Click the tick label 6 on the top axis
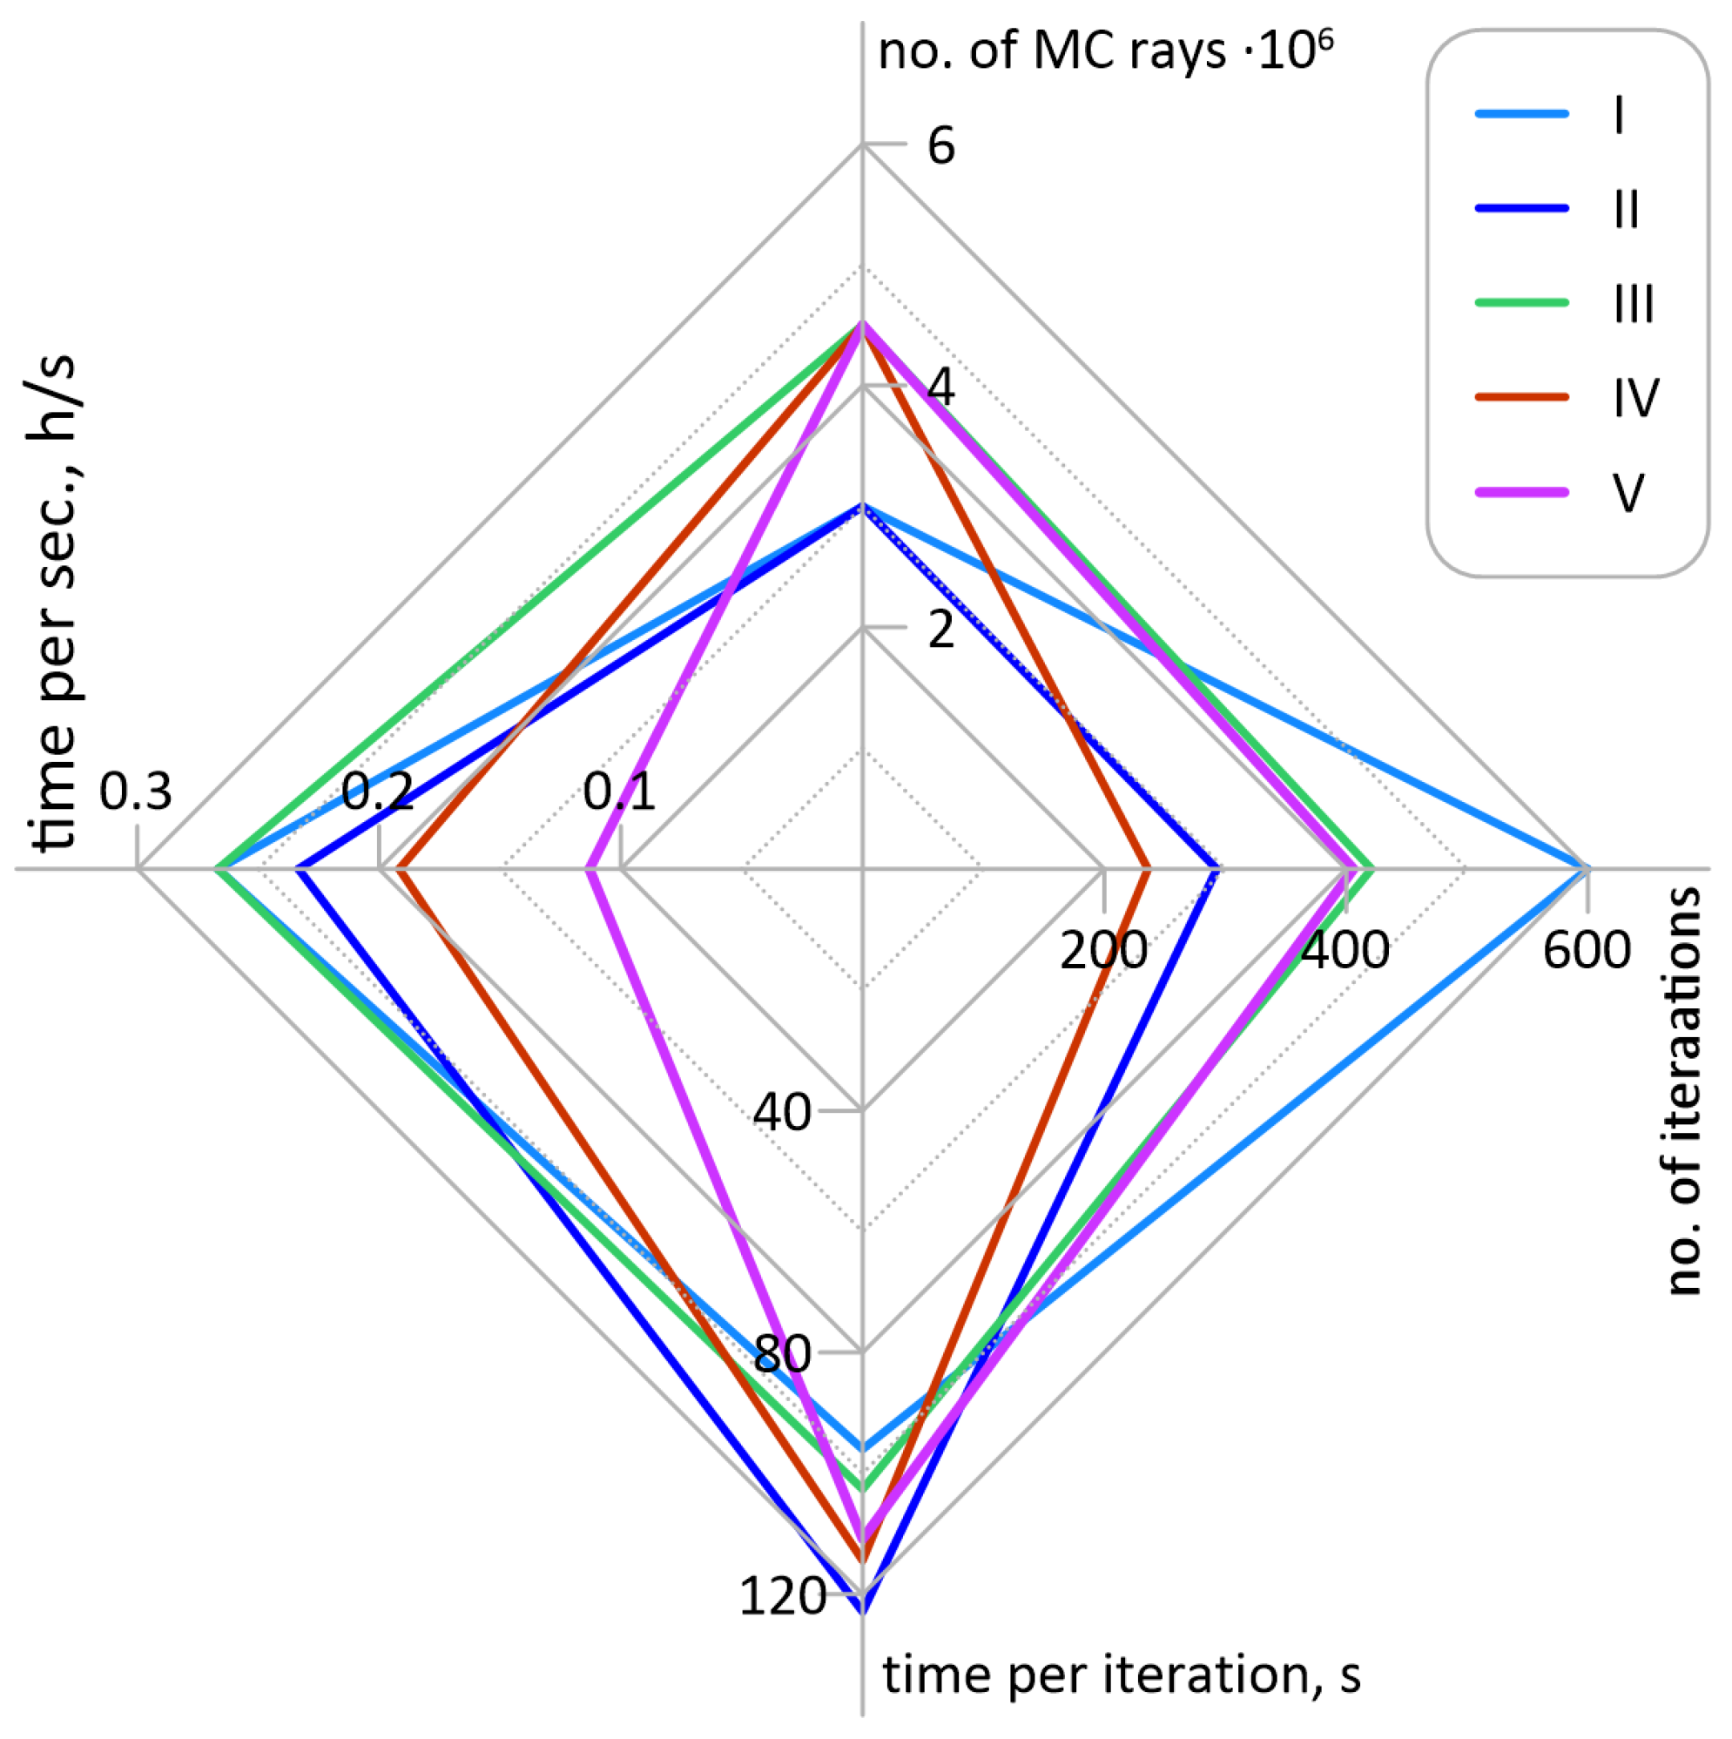(940, 145)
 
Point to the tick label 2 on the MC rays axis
(940, 630)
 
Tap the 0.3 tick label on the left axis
(136, 792)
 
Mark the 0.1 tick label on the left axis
(619, 792)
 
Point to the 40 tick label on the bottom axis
(782, 1113)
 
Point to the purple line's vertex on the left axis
(589, 869)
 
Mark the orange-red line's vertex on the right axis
(1148, 869)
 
